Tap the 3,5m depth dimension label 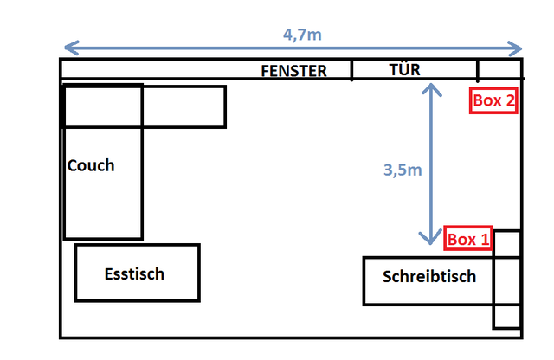tap(403, 170)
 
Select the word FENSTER tap(294, 71)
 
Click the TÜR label tap(405, 69)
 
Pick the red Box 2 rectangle tap(494, 100)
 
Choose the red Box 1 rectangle tap(468, 239)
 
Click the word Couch tap(91, 165)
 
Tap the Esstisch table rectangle tap(138, 273)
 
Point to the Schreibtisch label tap(429, 277)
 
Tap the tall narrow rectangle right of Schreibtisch tap(506, 280)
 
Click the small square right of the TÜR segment tap(499, 69)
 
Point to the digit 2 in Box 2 tap(511, 100)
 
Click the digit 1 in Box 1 tap(485, 239)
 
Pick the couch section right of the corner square tap(184, 106)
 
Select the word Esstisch tap(134, 274)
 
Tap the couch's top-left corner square tap(103, 106)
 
